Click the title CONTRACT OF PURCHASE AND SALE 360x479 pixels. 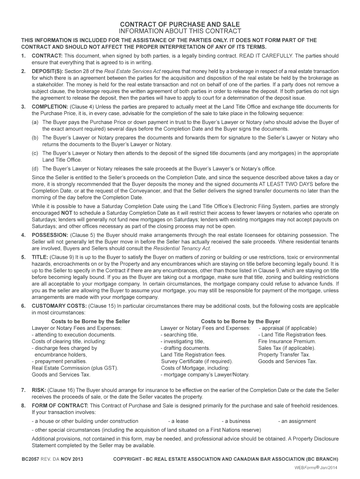coord(180,24)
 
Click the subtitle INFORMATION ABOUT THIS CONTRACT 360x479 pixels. coord(180,31)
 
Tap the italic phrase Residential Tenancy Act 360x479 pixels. coord(182,248)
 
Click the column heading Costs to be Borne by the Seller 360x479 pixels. coord(90,321)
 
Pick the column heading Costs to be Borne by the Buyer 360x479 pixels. coord(240,321)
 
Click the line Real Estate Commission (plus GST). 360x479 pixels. coord(75,368)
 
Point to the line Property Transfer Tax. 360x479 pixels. coord(284,355)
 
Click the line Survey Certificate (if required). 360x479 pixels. coord(197,361)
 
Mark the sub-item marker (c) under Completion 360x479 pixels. coord(35,153)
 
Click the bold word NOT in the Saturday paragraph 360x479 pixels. coord(66,212)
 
